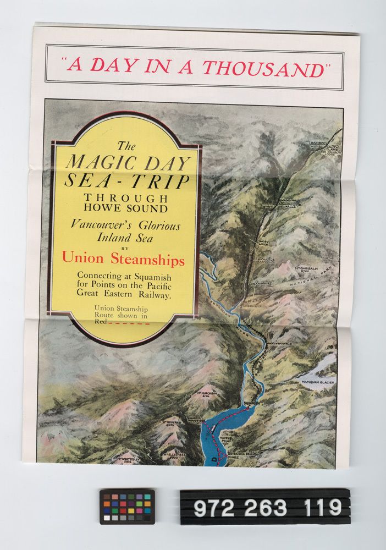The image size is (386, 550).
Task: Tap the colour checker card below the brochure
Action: [x=127, y=506]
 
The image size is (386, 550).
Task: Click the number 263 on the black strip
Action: [x=264, y=507]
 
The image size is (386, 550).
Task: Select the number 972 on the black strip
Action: [x=212, y=507]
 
